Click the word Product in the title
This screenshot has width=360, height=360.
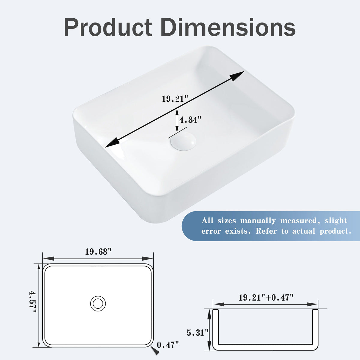[x=108, y=28]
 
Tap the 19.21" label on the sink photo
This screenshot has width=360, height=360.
[x=175, y=99]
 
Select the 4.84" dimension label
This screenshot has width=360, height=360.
[x=190, y=120]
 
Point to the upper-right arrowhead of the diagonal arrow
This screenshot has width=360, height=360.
[x=237, y=76]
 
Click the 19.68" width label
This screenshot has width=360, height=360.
[x=98, y=252]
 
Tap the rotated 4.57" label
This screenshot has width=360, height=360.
[x=32, y=302]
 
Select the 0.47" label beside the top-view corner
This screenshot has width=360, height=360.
[x=168, y=345]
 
